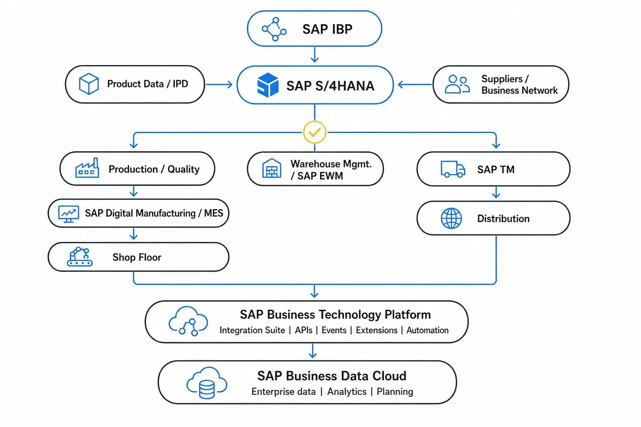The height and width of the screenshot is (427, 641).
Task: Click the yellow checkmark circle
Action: pos(315,132)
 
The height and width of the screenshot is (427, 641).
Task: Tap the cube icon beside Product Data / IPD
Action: pos(89,84)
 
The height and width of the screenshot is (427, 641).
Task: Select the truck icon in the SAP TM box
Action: pos(453,169)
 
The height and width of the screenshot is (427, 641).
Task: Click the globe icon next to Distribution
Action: pos(451,218)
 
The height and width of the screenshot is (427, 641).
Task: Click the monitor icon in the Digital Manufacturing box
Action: pos(69,214)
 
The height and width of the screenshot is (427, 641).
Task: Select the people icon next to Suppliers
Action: pos(457,84)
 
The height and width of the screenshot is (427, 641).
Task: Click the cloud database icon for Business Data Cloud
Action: pos(207,383)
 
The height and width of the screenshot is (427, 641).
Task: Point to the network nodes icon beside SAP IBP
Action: pos(274,29)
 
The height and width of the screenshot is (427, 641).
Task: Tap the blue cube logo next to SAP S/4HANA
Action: pos(268,85)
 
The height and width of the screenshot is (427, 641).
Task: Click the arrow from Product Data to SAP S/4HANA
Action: pos(219,84)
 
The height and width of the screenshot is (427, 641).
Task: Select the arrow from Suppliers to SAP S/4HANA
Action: pos(415,84)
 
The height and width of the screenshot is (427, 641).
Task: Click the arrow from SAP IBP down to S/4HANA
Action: pos(315,55)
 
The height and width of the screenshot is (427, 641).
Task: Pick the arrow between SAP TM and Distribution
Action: pos(496,192)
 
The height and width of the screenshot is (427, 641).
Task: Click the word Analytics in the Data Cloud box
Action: pos(346,391)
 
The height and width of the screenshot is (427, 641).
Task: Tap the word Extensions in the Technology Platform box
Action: pos(376,330)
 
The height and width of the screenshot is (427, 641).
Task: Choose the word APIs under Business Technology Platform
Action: pos(304,330)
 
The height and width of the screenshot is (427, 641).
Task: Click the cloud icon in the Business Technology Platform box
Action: pos(188,321)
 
